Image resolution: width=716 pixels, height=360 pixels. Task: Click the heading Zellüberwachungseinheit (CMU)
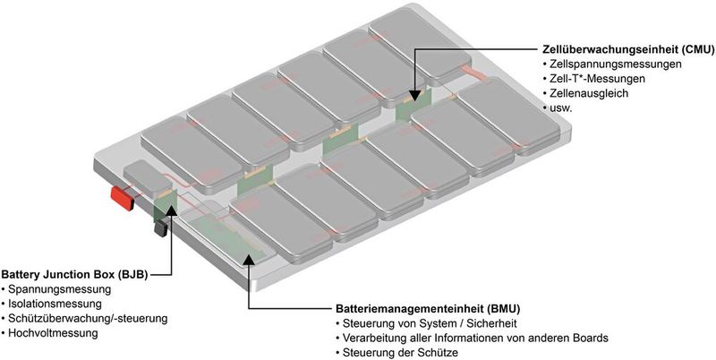[627, 50]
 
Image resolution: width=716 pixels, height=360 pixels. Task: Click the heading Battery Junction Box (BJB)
[74, 275]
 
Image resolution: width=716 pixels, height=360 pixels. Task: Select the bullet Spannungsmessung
[58, 290]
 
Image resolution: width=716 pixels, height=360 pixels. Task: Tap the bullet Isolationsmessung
[55, 304]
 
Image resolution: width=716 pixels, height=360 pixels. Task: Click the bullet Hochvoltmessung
[55, 333]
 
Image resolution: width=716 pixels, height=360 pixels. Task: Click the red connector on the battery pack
[122, 195]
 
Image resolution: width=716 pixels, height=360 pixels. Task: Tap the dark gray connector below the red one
[161, 229]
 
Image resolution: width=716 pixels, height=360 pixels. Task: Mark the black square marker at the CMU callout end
[413, 94]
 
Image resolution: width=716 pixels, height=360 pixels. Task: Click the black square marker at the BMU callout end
[248, 261]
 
